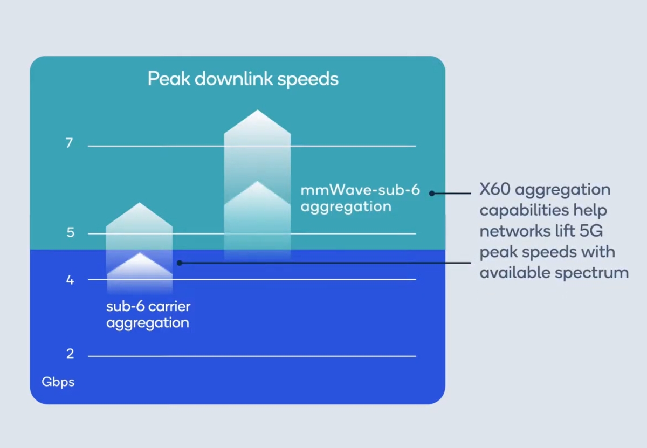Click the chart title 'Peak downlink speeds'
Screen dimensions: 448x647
(x=243, y=79)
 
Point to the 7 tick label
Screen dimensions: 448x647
(x=70, y=144)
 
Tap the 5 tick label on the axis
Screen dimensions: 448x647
(x=70, y=233)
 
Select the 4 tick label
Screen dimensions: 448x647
(x=70, y=280)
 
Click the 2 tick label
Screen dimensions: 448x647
(x=70, y=354)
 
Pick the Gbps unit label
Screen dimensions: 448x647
(x=58, y=382)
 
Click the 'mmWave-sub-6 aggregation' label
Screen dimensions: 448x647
(x=360, y=198)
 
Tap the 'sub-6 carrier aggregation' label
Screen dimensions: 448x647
(x=148, y=315)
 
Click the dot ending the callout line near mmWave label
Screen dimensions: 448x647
(x=432, y=193)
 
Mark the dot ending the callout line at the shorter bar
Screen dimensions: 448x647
(x=180, y=263)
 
